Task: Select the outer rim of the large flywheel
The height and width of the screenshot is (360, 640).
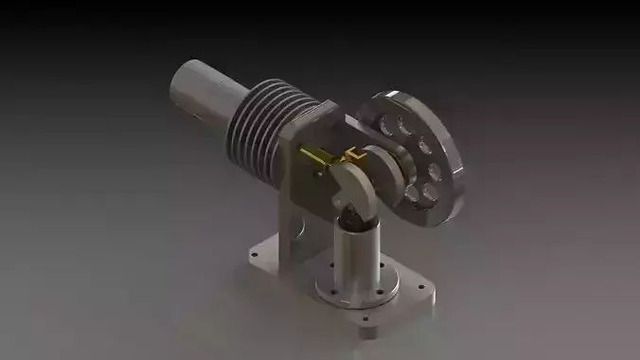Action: (x=459, y=175)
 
